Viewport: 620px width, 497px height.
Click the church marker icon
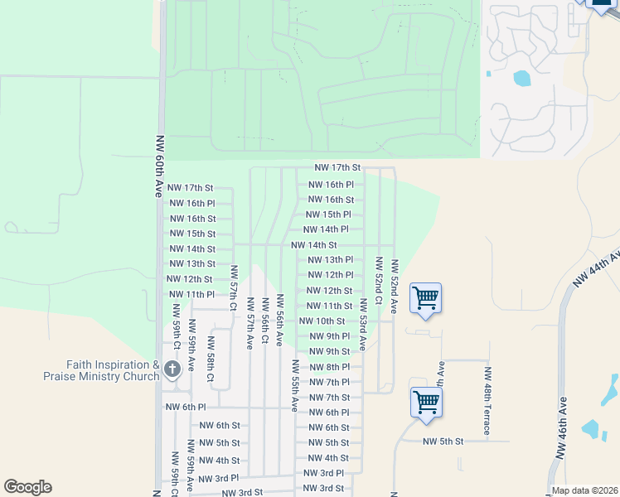(172, 369)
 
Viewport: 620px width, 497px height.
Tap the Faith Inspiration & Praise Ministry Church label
(101, 370)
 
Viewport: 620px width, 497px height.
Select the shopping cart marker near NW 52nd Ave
(425, 298)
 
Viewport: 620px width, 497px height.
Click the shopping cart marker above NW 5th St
(426, 403)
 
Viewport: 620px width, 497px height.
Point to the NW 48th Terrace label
(487, 401)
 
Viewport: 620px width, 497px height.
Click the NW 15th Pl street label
(328, 215)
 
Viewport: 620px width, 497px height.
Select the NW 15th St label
(192, 234)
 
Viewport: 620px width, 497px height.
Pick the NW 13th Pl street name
(330, 260)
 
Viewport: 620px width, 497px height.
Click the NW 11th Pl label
(191, 294)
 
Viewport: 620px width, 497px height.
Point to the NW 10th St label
(322, 321)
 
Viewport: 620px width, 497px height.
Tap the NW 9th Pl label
(330, 336)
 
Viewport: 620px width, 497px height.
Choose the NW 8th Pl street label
(330, 367)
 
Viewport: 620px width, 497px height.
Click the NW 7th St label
(330, 398)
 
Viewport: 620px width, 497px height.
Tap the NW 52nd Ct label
(378, 281)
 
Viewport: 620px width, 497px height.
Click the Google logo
(27, 487)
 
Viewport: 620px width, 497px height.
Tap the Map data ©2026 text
(584, 490)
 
